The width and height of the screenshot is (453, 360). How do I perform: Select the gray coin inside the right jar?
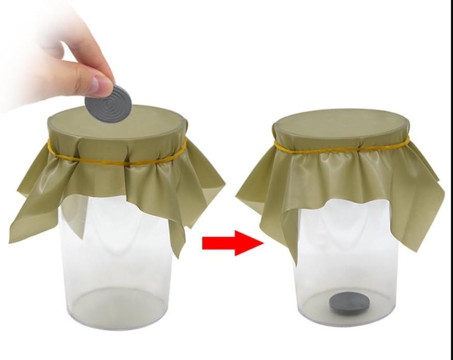click(349, 302)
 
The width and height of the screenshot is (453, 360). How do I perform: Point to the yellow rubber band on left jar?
click(116, 161)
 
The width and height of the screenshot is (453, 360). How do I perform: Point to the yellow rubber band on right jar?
click(341, 149)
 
